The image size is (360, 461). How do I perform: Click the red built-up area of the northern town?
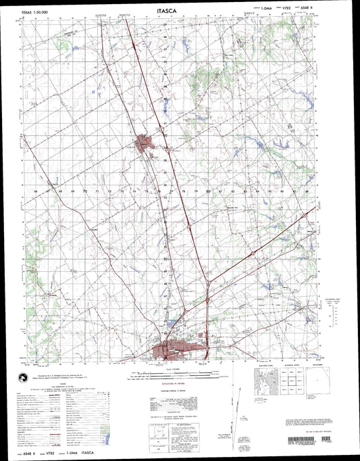point(144,143)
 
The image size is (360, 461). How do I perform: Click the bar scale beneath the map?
point(180,371)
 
